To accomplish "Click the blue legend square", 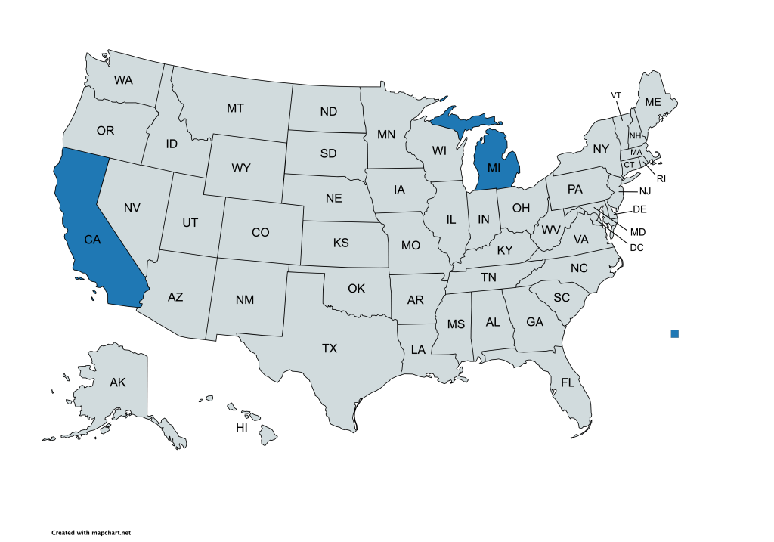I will (x=675, y=333).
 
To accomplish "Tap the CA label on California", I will (x=92, y=240).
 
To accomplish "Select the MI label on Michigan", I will (x=494, y=166).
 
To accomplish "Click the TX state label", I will (x=330, y=348).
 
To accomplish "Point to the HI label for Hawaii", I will (x=242, y=428).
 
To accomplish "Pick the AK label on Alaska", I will (x=117, y=382).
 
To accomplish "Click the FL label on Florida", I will (x=568, y=383).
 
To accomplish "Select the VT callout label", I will (x=616, y=95).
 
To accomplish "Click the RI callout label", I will (x=661, y=179).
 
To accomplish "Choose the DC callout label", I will (x=636, y=247).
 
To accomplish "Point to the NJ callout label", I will (x=645, y=191).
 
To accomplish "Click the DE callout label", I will (x=639, y=209).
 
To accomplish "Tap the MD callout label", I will (x=638, y=231).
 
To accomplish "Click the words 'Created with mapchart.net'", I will (x=86, y=533).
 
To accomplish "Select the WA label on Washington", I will (x=123, y=79).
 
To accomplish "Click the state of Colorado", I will (x=260, y=232).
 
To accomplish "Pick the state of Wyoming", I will (x=241, y=168).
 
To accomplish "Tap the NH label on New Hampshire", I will (x=635, y=135).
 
